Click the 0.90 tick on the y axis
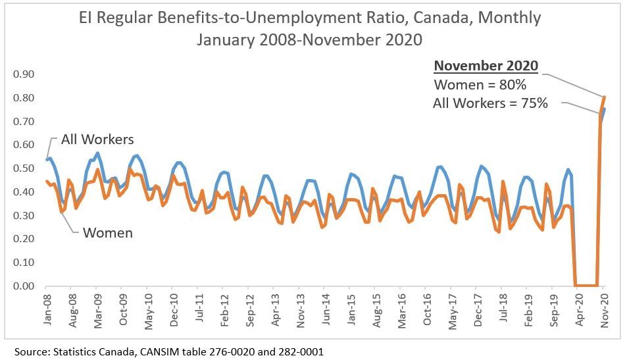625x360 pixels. pos(22,74)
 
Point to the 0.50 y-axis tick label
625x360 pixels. pos(22,168)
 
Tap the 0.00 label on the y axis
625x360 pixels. pos(22,286)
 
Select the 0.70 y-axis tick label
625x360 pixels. pos(22,122)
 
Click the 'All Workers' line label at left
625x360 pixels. pos(97,140)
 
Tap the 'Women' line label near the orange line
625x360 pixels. pos(107,233)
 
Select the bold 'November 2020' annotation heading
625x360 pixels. pos(486,66)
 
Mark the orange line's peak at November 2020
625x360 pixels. pos(605,97)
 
